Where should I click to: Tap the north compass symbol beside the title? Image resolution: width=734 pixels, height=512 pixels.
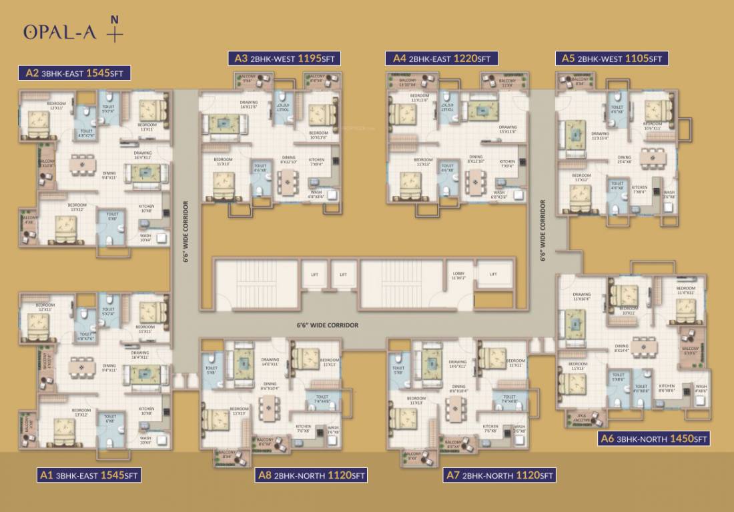115,32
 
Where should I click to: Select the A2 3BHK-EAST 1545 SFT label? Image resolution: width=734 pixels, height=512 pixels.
75,73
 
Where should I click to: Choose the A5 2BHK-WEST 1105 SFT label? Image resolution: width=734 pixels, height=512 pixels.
612,59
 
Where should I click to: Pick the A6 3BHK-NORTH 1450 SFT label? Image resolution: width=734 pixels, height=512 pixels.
654,439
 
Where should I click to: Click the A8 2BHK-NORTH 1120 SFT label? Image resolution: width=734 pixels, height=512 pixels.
312,475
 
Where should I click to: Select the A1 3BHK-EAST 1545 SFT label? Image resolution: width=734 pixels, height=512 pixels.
89,475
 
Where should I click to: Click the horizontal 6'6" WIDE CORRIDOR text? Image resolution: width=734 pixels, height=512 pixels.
328,325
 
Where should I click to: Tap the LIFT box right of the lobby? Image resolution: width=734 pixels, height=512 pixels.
493,274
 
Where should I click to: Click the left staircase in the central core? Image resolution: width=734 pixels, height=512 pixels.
256,284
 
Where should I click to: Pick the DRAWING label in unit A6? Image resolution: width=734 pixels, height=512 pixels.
582,295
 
